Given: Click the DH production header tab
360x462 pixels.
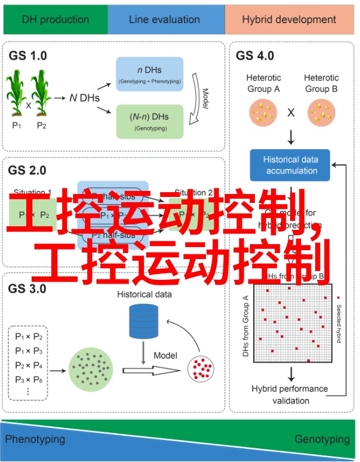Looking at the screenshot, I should tap(55, 19).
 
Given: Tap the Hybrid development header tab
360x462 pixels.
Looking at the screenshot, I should tap(289, 19).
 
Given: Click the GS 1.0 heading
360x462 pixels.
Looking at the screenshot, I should tap(27, 56).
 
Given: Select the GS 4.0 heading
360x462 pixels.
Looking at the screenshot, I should tap(255, 56).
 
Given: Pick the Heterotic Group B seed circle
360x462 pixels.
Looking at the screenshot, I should tap(321, 112).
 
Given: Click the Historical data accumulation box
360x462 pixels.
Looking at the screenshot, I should tap(291, 165).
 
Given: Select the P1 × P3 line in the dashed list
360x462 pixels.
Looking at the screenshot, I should tap(29, 350).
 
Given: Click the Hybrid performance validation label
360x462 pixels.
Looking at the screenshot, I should tap(290, 395).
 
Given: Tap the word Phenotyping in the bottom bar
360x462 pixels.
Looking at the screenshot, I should tap(35, 439).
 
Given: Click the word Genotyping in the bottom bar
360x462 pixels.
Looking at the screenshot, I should tap(322, 439).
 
